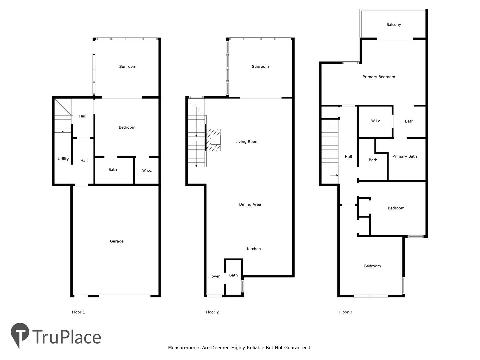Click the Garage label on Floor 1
coord(117,241)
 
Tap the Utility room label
coord(63,159)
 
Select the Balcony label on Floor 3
coord(393,25)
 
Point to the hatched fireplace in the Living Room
coord(213,140)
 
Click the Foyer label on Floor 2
coord(214,276)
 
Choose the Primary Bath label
coord(404,156)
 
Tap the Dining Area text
coord(250,204)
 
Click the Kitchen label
coord(254,249)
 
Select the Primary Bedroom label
coord(379,77)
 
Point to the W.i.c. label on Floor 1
coord(147,170)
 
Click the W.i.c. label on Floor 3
coord(376,121)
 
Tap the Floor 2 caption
coord(212,312)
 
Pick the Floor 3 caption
coord(346,312)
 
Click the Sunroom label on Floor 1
coord(127,66)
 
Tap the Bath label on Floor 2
coord(233,275)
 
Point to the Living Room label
coord(247,142)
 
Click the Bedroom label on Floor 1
coord(127,127)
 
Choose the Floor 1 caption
coord(78,312)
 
